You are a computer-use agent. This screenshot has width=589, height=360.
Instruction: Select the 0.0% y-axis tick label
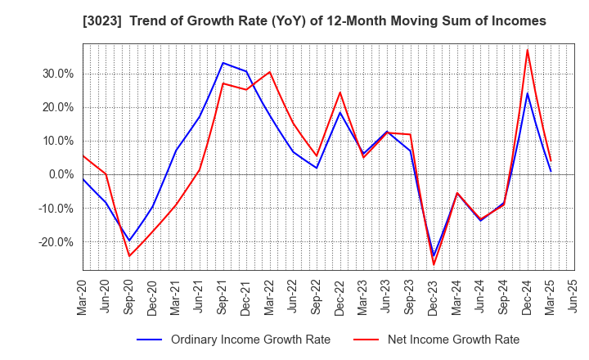pyautogui.click(x=58, y=174)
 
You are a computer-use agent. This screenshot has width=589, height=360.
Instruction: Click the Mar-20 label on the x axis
pyautogui.click(x=83, y=295)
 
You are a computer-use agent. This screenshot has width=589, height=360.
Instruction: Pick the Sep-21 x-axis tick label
pyautogui.click(x=223, y=295)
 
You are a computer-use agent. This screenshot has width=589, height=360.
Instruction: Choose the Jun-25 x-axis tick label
pyautogui.click(x=574, y=295)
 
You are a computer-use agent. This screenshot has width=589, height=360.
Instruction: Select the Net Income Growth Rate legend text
pyautogui.click(x=453, y=340)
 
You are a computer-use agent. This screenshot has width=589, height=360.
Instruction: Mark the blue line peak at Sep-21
pyautogui.click(x=223, y=63)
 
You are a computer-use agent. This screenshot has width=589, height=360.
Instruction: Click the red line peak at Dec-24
pyautogui.click(x=528, y=50)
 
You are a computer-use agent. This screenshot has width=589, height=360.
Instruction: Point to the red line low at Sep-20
pyautogui.click(x=129, y=256)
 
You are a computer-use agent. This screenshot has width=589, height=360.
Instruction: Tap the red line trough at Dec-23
pyautogui.click(x=434, y=264)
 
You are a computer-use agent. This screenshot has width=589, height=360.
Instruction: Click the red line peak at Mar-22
pyautogui.click(x=270, y=72)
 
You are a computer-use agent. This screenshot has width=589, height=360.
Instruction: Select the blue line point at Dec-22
pyautogui.click(x=340, y=112)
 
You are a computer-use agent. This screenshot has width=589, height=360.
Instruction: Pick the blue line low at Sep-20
pyautogui.click(x=129, y=241)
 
